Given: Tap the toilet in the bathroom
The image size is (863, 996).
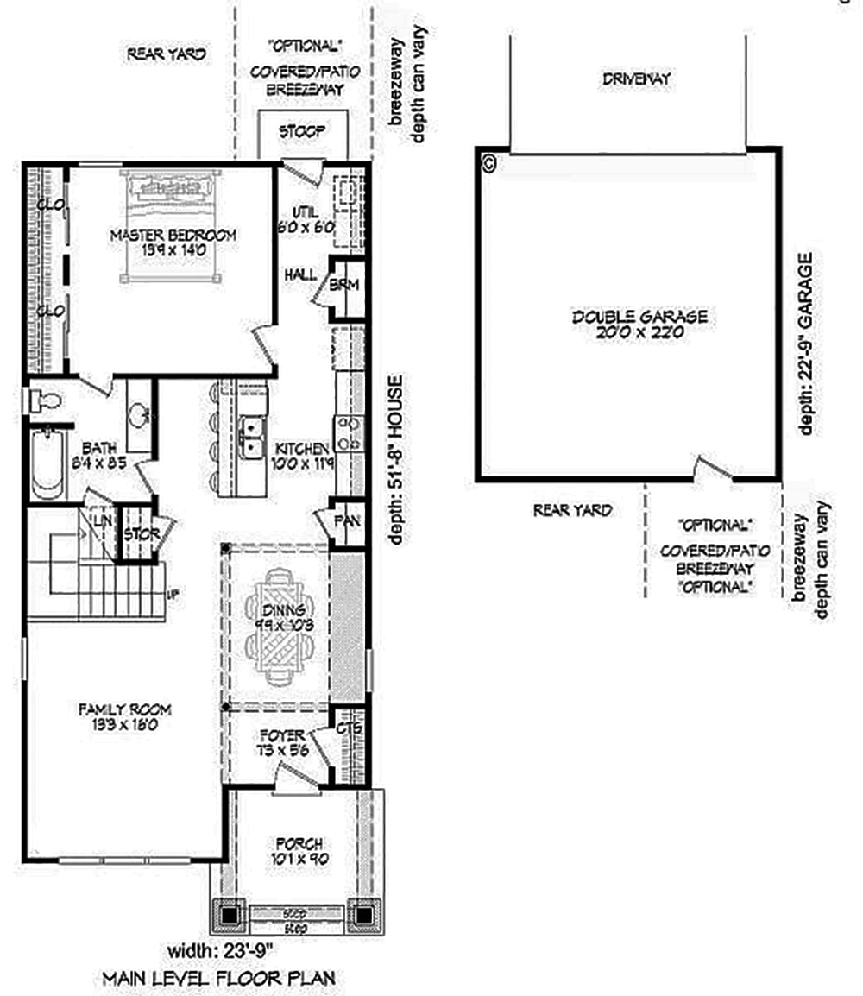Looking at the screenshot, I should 45,400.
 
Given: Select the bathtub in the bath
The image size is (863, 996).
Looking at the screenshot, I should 47,463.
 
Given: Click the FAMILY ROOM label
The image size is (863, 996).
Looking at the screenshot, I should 124,717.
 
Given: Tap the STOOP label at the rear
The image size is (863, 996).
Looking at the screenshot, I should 302,132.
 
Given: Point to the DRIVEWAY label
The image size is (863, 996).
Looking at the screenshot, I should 637,79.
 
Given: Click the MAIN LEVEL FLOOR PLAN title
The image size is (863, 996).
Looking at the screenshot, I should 218,978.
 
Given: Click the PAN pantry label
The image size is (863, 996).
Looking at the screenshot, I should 347,522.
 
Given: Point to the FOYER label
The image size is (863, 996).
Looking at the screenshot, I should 281,743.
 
